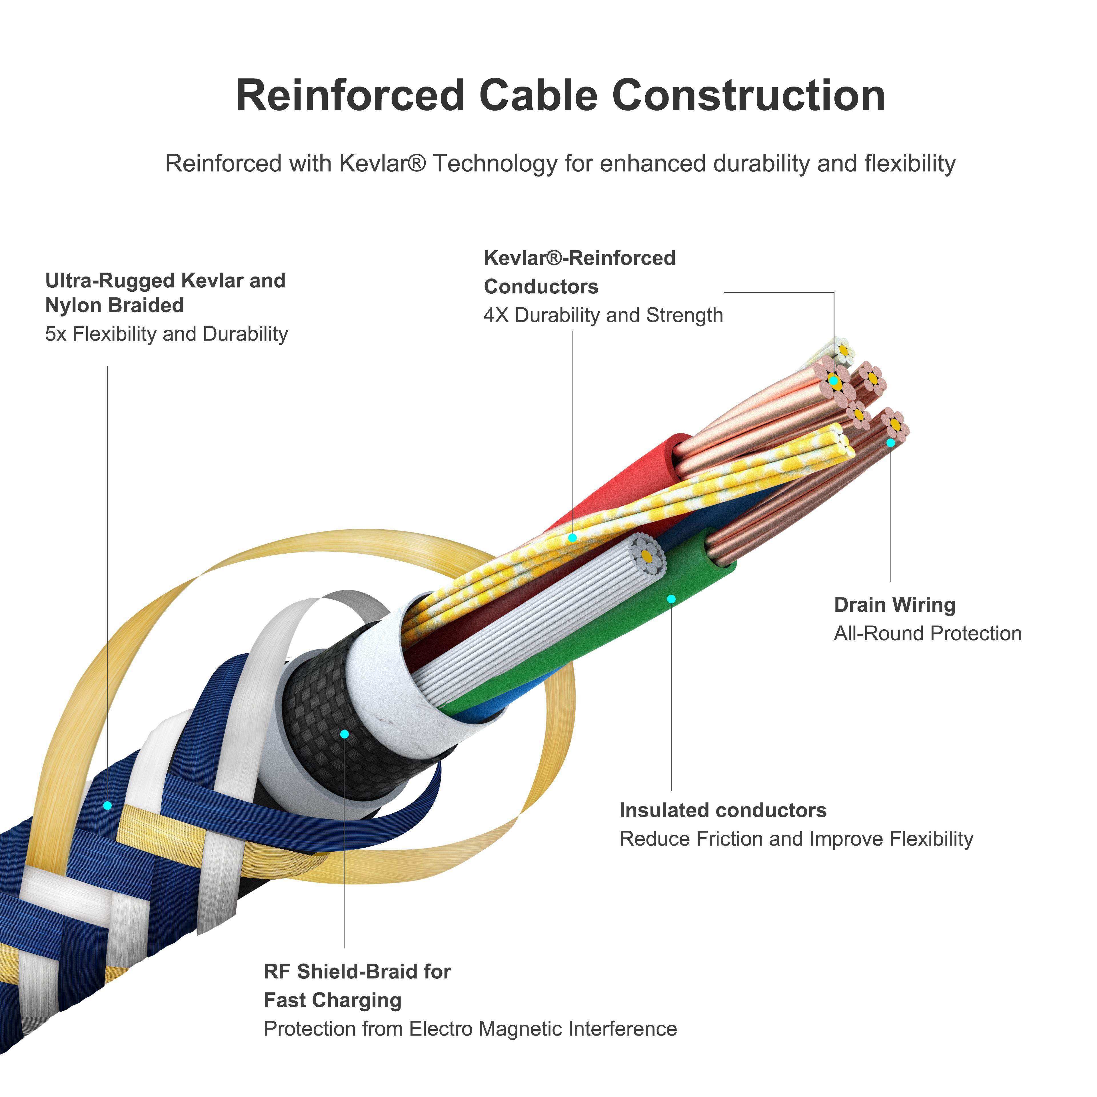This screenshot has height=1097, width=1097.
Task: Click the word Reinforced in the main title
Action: point(350,95)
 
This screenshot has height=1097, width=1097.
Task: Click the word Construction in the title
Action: point(748,95)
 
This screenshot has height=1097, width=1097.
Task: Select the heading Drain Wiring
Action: point(894,605)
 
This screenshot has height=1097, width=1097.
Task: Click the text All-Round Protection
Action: point(927,633)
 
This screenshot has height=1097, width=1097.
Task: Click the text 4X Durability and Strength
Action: point(603,315)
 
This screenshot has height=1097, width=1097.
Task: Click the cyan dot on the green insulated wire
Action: point(671,599)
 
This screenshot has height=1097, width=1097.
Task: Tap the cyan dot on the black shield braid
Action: point(344,734)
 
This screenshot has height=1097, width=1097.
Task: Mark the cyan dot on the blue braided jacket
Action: point(107,805)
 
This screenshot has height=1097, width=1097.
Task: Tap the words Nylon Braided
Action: point(114,305)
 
